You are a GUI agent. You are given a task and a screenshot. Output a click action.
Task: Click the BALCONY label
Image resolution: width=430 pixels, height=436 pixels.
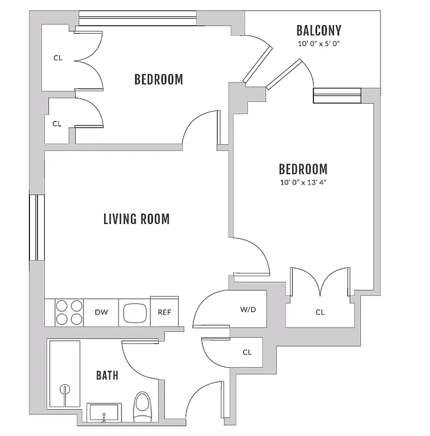pyautogui.click(x=319, y=30)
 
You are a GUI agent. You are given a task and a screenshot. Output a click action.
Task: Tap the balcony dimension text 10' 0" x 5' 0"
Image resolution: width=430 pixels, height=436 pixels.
pyautogui.click(x=319, y=45)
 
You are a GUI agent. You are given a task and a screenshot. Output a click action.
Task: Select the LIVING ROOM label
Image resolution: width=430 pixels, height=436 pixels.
pyautogui.click(x=136, y=219)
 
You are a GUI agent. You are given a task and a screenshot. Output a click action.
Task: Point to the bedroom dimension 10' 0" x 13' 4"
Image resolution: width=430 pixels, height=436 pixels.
pyautogui.click(x=303, y=183)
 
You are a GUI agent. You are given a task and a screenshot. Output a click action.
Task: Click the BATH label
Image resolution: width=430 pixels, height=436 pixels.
pyautogui.click(x=107, y=376)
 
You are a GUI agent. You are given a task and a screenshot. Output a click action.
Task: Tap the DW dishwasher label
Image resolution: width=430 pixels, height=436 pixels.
pyautogui.click(x=101, y=312)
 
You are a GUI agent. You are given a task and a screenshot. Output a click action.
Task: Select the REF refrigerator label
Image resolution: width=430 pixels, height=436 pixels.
pyautogui.click(x=164, y=312)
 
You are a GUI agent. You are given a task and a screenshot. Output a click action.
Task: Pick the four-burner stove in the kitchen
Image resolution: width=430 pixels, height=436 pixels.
pyautogui.click(x=69, y=312)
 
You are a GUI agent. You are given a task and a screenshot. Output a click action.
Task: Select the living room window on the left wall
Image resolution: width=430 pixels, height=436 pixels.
pyautogui.click(x=37, y=227)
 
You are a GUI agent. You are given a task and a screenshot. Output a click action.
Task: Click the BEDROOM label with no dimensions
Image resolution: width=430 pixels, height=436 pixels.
pyautogui.click(x=159, y=80)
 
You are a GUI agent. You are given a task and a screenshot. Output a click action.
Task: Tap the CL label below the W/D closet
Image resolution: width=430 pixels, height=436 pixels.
pyautogui.click(x=247, y=352)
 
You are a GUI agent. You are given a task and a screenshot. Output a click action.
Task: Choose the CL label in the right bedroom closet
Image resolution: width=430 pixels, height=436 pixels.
pyautogui.click(x=320, y=312)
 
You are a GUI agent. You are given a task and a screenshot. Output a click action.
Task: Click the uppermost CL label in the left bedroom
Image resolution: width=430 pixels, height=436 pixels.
pyautogui.click(x=57, y=58)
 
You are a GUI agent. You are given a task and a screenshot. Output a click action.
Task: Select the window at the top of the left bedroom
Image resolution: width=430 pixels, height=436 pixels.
pyautogui.click(x=137, y=19)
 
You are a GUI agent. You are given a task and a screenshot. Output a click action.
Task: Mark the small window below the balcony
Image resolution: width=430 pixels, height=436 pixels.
pyautogui.click(x=337, y=95)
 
